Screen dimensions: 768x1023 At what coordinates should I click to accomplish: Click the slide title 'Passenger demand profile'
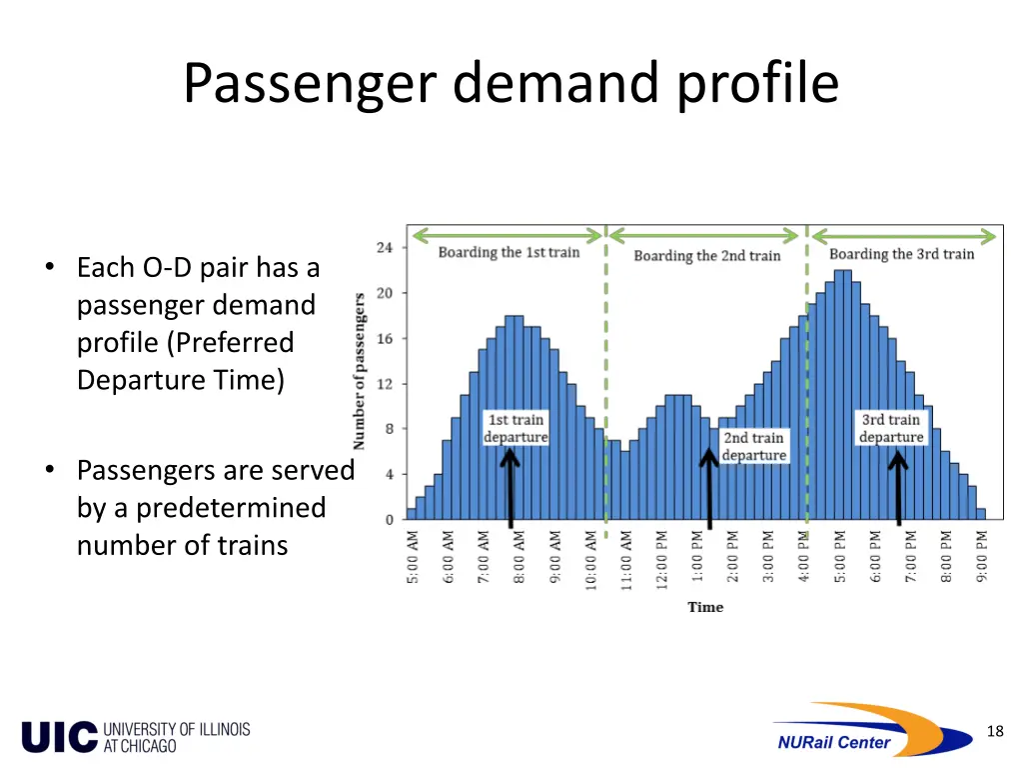click(511, 83)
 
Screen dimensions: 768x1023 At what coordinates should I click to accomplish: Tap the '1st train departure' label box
click(516, 428)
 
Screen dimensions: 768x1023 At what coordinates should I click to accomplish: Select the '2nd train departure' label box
click(754, 446)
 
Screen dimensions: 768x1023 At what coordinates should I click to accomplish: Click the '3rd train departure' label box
click(891, 428)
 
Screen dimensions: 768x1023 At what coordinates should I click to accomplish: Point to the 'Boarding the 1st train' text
click(509, 252)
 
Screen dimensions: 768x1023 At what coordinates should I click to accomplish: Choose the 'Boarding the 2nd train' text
click(706, 256)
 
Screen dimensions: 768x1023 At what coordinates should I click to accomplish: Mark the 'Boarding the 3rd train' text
click(901, 254)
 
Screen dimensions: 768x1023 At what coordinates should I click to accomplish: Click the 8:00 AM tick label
click(518, 558)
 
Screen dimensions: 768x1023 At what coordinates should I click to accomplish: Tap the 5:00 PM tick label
click(840, 558)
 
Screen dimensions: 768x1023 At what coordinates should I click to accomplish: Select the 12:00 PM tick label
click(661, 558)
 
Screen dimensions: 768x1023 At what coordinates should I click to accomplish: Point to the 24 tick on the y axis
click(385, 248)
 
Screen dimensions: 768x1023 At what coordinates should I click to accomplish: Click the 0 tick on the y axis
click(390, 520)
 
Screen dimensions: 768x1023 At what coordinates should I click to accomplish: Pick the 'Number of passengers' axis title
click(360, 370)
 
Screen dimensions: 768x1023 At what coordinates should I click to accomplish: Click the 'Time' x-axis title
click(705, 607)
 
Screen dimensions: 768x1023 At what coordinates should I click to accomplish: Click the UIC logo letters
click(60, 737)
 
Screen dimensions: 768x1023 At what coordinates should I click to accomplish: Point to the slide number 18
click(994, 732)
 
